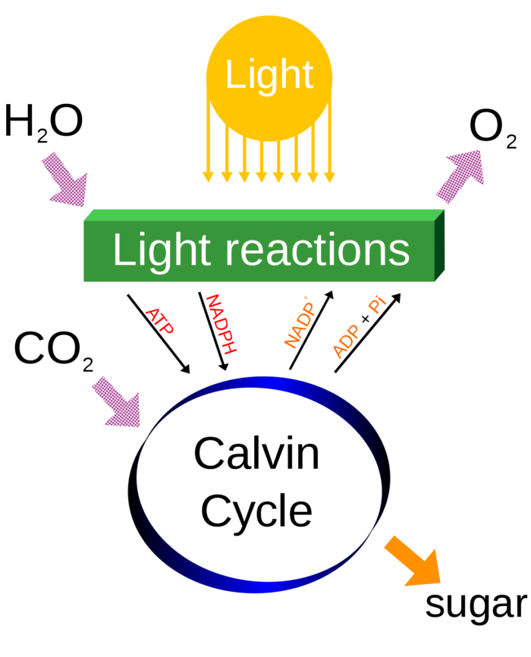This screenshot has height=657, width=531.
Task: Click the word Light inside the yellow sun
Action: [x=269, y=74]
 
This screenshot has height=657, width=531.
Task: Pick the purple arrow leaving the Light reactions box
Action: [x=460, y=176]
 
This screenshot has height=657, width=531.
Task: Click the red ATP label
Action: [x=159, y=320]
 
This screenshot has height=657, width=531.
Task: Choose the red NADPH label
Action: [x=221, y=324]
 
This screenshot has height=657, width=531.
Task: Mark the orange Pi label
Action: [x=377, y=305]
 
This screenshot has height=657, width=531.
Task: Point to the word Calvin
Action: [x=256, y=454]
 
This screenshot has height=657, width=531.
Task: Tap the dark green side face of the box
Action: [x=440, y=244]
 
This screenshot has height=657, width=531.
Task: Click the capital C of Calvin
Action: [x=209, y=454]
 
